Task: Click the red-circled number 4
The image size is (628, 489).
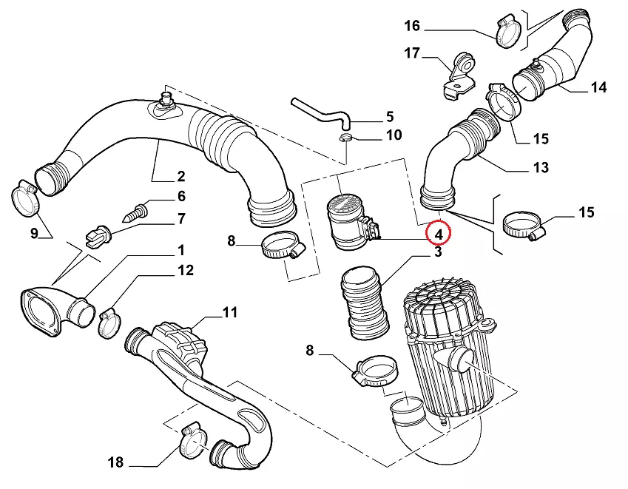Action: (x=438, y=235)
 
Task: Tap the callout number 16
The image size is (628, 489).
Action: (x=412, y=27)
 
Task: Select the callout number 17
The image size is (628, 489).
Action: (x=412, y=53)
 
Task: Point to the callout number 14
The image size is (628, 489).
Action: (x=598, y=87)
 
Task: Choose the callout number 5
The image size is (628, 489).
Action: (x=390, y=116)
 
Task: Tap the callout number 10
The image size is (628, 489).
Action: (x=394, y=135)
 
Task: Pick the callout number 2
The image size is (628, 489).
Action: (x=180, y=177)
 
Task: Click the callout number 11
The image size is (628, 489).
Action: (x=230, y=312)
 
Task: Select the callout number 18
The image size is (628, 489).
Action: (x=115, y=463)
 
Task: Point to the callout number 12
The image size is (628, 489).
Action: (x=185, y=271)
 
